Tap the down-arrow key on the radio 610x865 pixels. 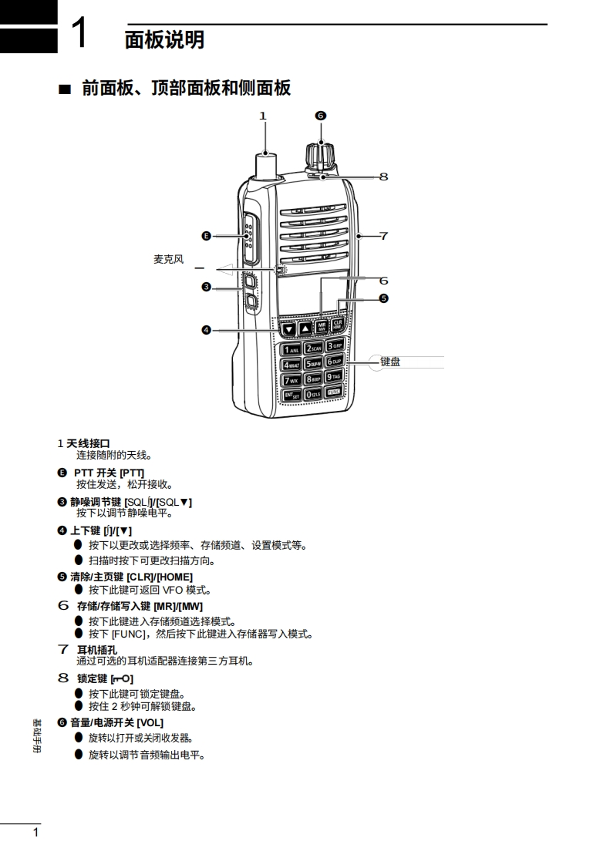[288, 329]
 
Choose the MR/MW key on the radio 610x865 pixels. [322, 326]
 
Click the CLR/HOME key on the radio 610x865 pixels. [337, 325]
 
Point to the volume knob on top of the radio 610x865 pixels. [321, 153]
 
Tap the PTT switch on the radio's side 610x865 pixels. [250, 235]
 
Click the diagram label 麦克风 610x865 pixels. [168, 259]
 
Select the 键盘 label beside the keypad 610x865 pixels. [390, 361]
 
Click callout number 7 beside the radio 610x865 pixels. [383, 236]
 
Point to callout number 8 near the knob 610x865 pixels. [383, 177]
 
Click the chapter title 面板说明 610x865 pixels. [164, 39]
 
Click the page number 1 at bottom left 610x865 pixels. [35, 833]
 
